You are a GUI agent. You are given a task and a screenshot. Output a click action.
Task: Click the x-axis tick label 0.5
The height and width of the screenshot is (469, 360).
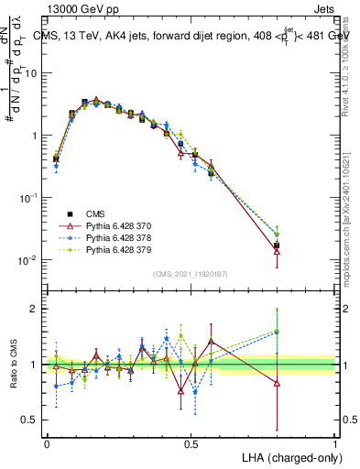click(191, 443)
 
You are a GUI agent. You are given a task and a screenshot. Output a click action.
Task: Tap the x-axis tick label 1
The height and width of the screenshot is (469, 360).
click(335, 443)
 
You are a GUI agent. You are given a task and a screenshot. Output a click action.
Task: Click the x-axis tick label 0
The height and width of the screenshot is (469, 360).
click(47, 443)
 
